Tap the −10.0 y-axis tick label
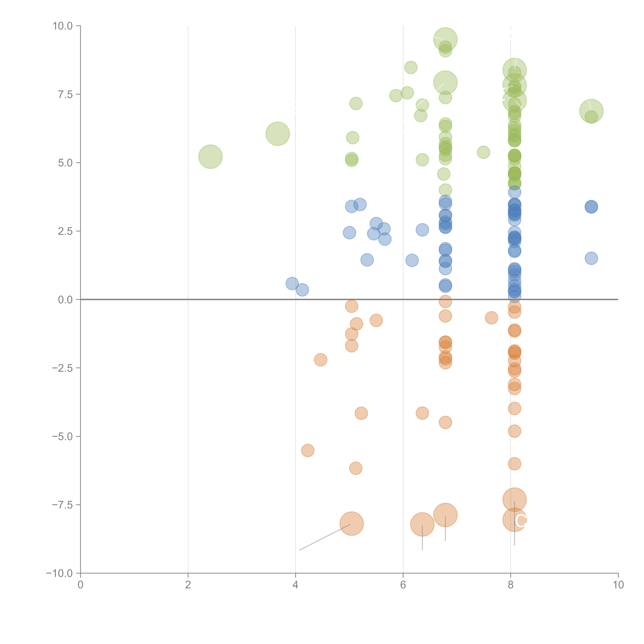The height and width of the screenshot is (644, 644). tap(59, 573)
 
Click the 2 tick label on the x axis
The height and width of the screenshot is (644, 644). tap(188, 585)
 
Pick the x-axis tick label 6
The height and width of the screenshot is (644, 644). tap(403, 585)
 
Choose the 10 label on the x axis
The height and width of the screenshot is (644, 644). tap(618, 585)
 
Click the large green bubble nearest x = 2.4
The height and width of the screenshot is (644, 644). tap(210, 157)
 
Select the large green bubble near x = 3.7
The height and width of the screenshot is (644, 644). tap(278, 134)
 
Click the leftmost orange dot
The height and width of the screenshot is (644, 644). tap(307, 450)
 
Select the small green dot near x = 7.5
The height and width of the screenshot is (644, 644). tap(483, 152)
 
